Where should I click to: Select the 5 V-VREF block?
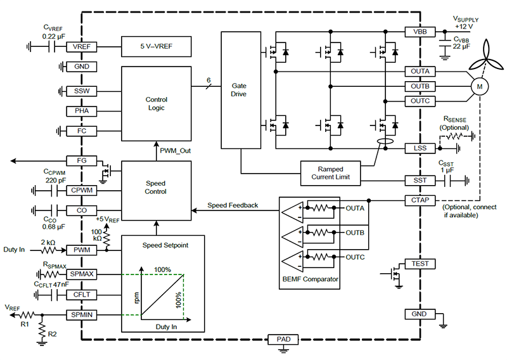point(156,46)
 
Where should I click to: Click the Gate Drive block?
point(239,89)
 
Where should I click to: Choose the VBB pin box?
point(420,32)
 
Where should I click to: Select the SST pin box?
point(420,181)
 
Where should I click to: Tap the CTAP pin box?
point(420,201)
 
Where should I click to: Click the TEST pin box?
point(420,264)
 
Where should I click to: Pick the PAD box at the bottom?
point(282,339)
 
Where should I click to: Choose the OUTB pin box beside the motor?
point(420,86)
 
